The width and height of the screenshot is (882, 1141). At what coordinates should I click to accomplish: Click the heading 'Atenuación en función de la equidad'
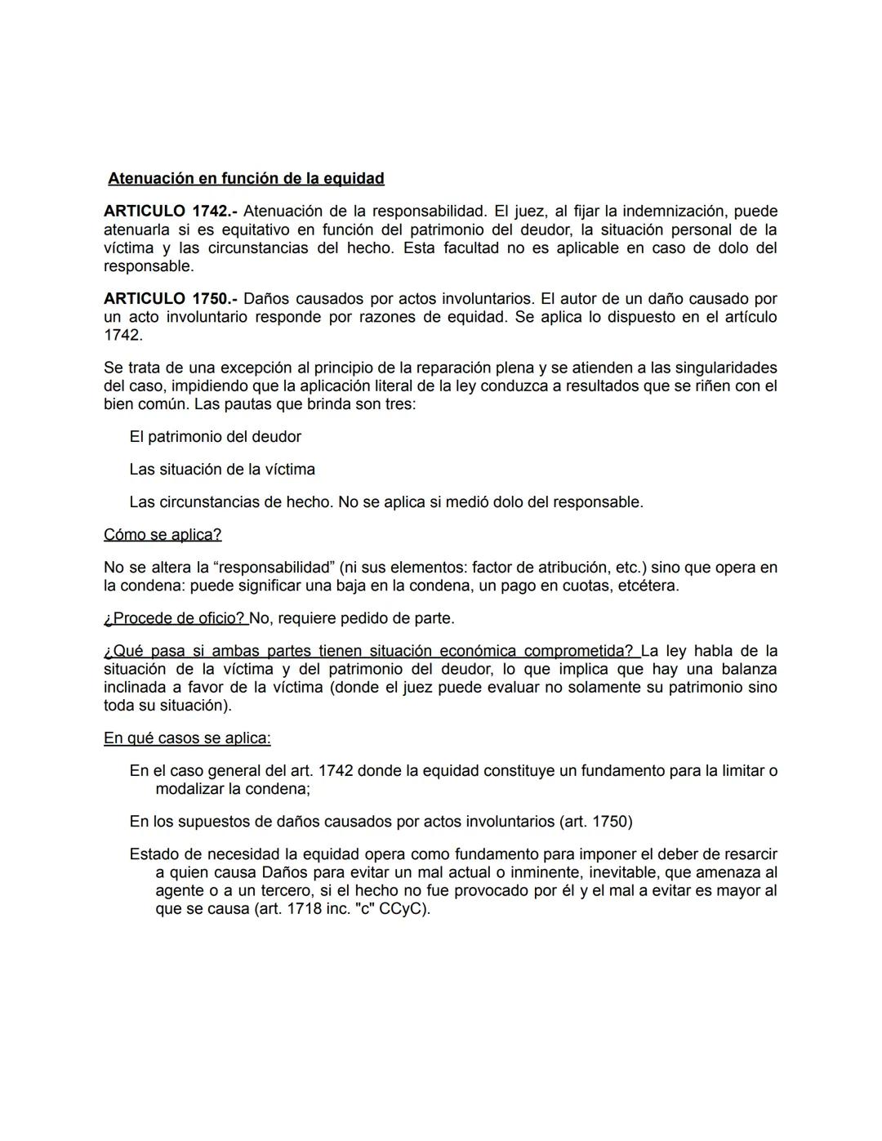(x=246, y=178)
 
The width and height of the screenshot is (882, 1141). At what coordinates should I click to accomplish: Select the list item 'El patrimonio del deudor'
(x=215, y=437)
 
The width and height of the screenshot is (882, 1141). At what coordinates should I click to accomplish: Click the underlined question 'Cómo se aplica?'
(x=163, y=535)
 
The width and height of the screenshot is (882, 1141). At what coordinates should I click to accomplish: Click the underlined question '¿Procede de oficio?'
(x=175, y=618)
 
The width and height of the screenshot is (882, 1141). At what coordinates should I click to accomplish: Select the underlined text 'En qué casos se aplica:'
(x=187, y=738)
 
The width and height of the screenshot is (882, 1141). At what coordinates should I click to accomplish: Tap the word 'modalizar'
(x=190, y=789)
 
